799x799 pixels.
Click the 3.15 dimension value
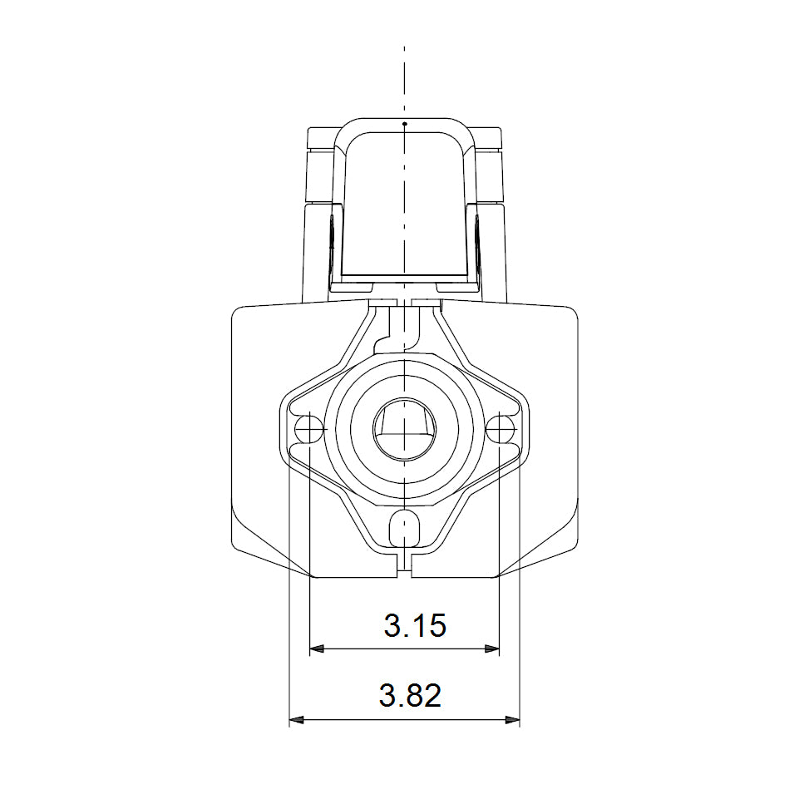pyautogui.click(x=415, y=625)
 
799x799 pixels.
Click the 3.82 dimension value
pyautogui.click(x=410, y=696)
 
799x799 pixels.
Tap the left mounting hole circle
pyautogui.click(x=308, y=429)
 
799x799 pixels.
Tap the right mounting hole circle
pyautogui.click(x=500, y=429)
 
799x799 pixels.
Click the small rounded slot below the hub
pyautogui.click(x=405, y=529)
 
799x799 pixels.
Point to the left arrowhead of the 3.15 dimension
pyautogui.click(x=317, y=649)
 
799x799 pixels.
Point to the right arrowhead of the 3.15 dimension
pyautogui.click(x=492, y=649)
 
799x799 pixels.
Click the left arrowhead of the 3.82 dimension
pyautogui.click(x=296, y=720)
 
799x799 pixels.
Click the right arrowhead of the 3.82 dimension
pyautogui.click(x=513, y=720)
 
